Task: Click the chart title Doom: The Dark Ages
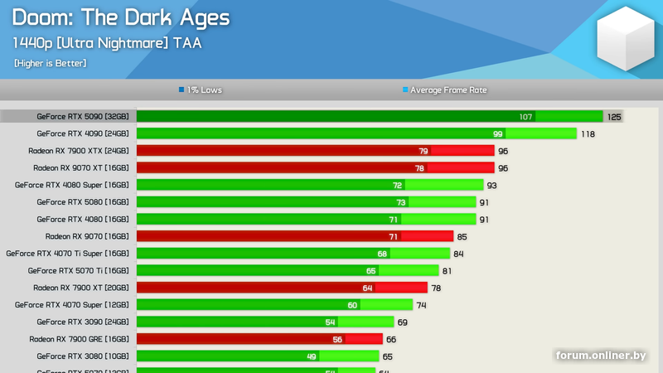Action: [121, 18]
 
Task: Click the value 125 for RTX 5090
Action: [614, 117]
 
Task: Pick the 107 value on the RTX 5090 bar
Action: [525, 117]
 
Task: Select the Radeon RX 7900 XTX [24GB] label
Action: [78, 151]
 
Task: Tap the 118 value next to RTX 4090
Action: [588, 133]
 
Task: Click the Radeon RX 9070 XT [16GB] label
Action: [80, 167]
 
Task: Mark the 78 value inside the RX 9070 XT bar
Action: [420, 168]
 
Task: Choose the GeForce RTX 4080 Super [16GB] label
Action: [71, 185]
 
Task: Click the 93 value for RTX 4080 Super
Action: [492, 185]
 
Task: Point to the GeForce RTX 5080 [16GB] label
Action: [82, 202]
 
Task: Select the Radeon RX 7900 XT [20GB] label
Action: [80, 288]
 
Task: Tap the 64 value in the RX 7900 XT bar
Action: [367, 288]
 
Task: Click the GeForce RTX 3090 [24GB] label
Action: [82, 322]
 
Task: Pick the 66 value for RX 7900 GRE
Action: [391, 339]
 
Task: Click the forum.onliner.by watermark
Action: [601, 356]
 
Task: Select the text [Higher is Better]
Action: [50, 63]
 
